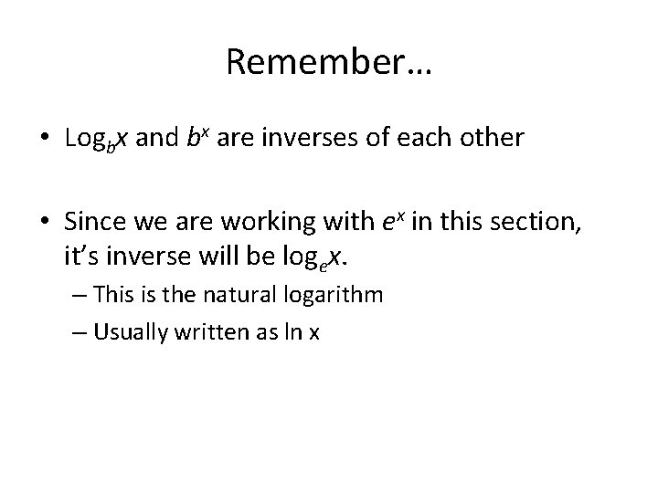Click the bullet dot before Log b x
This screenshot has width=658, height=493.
(x=46, y=139)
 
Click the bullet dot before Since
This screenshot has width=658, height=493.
(x=46, y=222)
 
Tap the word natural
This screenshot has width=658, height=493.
(x=224, y=296)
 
